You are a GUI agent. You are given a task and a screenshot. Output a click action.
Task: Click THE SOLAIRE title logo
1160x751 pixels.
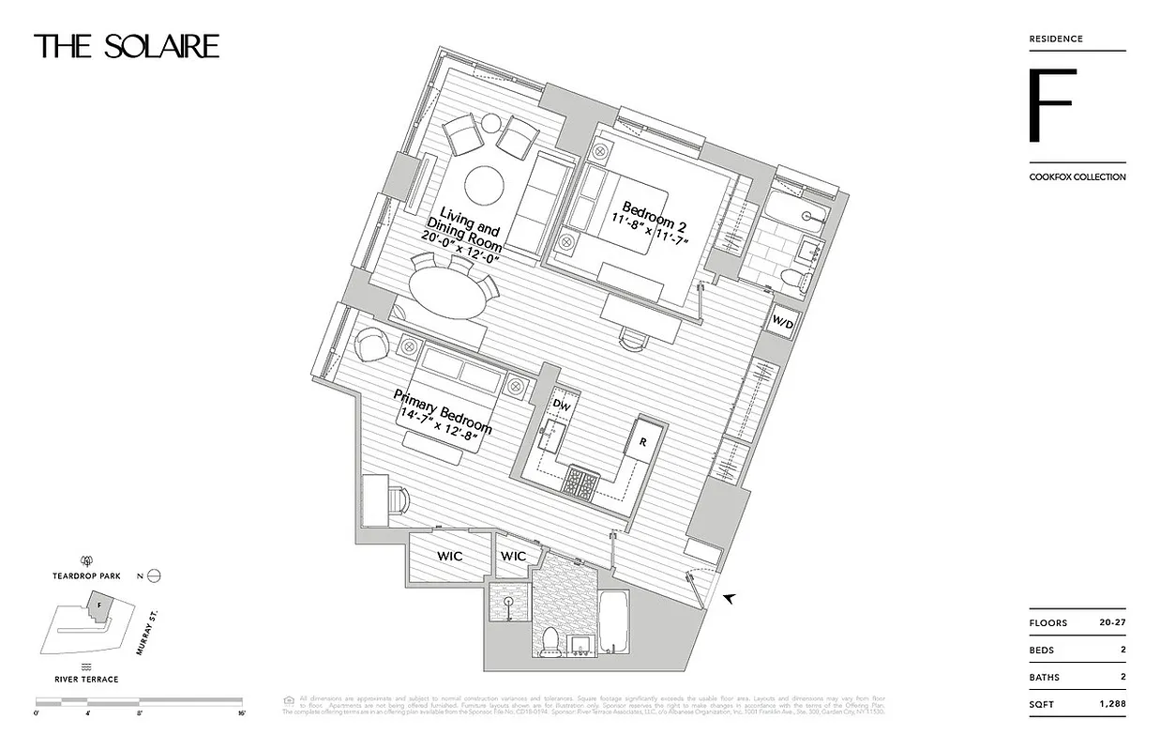click(127, 47)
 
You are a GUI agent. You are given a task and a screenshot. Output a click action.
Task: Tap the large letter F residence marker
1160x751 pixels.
click(1049, 105)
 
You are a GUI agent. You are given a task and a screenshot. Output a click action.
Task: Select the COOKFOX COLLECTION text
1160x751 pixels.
click(1077, 177)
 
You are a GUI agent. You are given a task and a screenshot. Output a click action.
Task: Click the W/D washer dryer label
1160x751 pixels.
click(782, 324)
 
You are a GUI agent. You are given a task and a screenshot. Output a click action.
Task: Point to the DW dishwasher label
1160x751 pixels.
click(561, 406)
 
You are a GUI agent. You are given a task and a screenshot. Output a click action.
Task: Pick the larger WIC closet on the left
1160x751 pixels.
click(450, 557)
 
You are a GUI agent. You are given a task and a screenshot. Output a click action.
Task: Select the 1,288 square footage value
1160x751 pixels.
click(1110, 703)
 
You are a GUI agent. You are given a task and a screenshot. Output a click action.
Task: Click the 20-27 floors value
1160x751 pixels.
click(1111, 623)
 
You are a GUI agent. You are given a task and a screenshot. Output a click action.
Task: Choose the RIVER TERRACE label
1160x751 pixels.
click(85, 679)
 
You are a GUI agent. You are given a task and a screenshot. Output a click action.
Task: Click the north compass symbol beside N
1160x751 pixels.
click(156, 576)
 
